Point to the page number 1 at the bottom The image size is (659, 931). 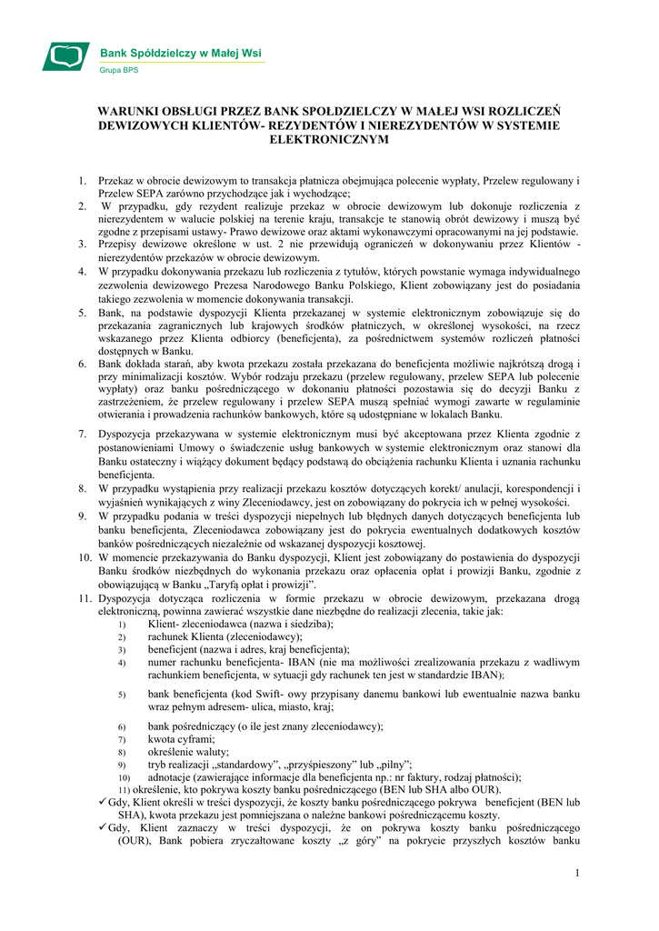(x=575, y=874)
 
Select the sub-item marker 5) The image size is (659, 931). (x=121, y=696)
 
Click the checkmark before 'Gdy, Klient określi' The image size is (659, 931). (x=101, y=803)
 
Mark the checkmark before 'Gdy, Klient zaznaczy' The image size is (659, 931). (x=101, y=829)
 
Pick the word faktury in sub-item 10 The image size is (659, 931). (x=415, y=777)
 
